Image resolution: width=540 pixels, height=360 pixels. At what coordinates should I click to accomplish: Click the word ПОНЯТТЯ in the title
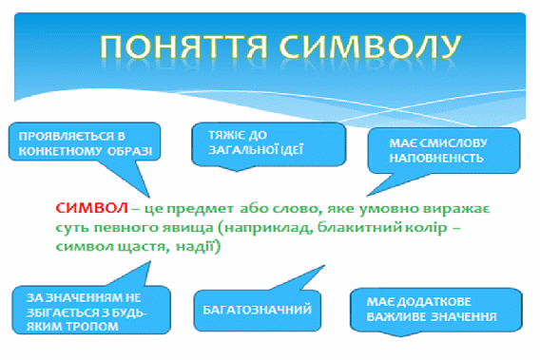(x=183, y=47)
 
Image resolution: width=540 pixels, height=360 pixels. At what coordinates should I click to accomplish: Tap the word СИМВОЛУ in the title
(x=370, y=47)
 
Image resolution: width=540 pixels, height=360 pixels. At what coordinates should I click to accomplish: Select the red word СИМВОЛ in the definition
(x=91, y=208)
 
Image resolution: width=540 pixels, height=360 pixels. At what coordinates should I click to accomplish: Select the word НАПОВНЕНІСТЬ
(x=436, y=159)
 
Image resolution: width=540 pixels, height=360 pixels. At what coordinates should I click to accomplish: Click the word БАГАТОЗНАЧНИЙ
(x=258, y=310)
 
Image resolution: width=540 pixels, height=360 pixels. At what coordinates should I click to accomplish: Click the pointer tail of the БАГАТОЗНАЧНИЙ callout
(x=299, y=278)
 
